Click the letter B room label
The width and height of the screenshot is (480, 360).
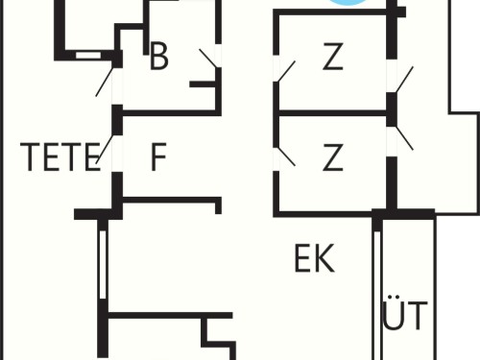tap(158, 57)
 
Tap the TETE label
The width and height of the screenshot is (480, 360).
tap(60, 156)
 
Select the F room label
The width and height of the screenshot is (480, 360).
tap(158, 156)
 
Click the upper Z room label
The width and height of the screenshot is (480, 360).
tap(333, 57)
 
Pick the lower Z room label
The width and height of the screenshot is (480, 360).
tap(333, 156)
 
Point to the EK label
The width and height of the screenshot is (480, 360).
tap(314, 258)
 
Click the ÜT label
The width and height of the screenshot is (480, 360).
tap(405, 312)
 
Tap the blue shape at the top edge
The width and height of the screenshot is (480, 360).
tap(348, 3)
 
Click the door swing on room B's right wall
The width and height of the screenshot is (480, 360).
tap(209, 59)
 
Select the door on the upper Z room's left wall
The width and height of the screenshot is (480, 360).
tap(286, 71)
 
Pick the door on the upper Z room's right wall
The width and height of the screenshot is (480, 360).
tap(405, 80)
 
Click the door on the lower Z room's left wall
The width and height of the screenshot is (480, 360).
tap(286, 156)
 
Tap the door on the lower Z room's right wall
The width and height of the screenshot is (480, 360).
tap(404, 138)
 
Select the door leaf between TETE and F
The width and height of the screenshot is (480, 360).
tap(105, 149)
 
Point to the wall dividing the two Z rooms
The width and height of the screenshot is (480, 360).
tap(333, 113)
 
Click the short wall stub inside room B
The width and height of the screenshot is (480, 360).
tap(203, 84)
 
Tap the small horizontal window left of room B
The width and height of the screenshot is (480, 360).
tap(88, 56)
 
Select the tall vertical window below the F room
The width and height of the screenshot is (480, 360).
tap(103, 264)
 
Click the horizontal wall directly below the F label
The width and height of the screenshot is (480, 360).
tap(170, 200)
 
